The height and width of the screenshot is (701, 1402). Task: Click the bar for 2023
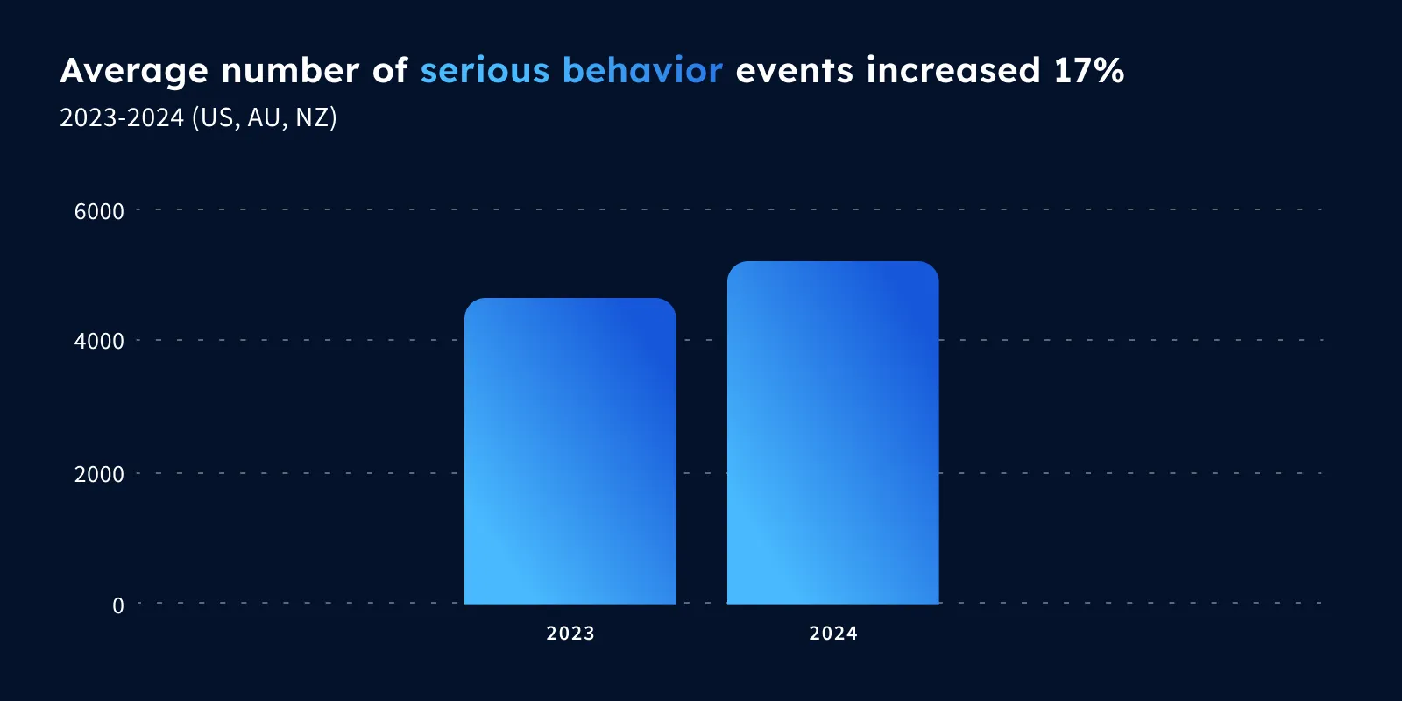[570, 450]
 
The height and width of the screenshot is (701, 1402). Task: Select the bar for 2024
[833, 433]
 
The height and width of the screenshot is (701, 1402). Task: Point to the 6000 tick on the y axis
[99, 211]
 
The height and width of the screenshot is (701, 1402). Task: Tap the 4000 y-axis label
[99, 341]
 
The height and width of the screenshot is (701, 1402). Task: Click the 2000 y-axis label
[99, 474]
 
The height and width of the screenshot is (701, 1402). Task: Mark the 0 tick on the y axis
[117, 605]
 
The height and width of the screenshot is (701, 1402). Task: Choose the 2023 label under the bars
[570, 634]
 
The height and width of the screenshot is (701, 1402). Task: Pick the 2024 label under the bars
[833, 634]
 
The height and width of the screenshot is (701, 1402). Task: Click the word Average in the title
[134, 71]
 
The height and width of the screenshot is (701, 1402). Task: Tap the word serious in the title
[485, 70]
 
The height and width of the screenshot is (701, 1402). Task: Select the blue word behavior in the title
[643, 69]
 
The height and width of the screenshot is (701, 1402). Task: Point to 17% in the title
[1089, 69]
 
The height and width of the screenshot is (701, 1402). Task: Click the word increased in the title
[952, 69]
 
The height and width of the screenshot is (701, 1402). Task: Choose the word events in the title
[794, 71]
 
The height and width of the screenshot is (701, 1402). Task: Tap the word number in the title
[290, 69]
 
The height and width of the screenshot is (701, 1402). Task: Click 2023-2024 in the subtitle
[122, 117]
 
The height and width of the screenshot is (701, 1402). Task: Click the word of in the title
[390, 69]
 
